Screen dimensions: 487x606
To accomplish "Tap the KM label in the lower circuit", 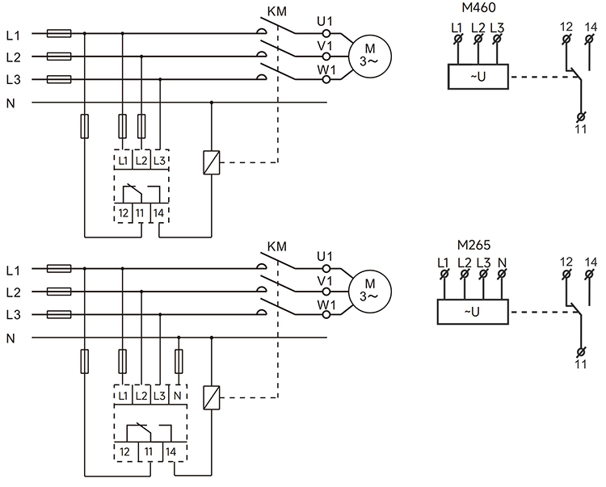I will click(276, 246).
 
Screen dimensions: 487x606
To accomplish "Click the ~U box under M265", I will click(473, 312).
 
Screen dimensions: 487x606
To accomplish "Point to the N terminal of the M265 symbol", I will click(502, 275).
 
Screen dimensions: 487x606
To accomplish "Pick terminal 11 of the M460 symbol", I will click(581, 118).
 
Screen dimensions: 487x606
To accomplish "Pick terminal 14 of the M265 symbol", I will click(591, 275).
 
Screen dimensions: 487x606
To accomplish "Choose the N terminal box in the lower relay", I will click(179, 396).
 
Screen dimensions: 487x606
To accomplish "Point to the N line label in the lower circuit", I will click(11, 338).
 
